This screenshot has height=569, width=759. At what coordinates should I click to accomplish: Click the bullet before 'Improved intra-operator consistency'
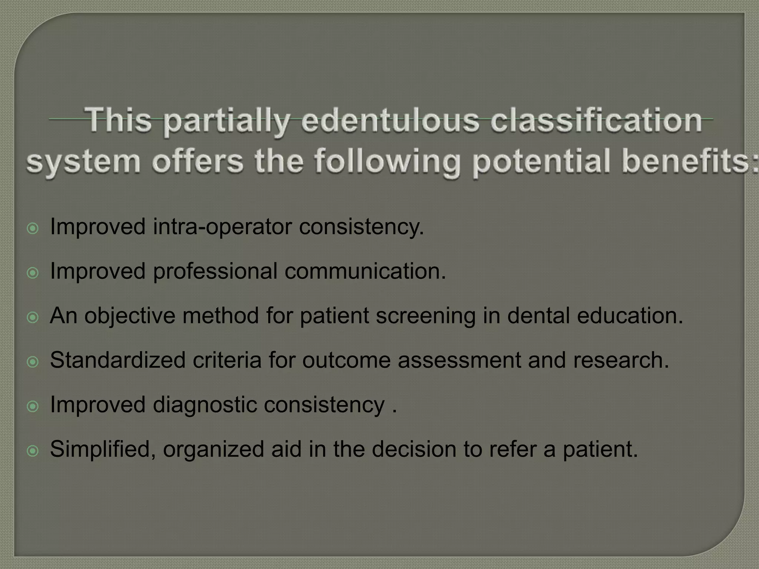tap(33, 229)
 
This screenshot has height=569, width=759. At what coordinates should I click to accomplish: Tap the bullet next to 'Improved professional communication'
tap(33, 273)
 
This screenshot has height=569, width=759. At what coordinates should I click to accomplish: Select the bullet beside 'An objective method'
tap(33, 317)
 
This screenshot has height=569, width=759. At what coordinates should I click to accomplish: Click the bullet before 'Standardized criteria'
tap(33, 362)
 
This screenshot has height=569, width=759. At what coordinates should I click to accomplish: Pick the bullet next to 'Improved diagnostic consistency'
tap(33, 406)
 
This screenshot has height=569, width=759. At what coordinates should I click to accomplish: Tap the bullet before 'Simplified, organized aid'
tap(33, 451)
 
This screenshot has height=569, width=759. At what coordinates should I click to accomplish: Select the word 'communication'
tap(365, 272)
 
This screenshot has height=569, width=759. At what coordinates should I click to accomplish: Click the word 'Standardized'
tap(118, 360)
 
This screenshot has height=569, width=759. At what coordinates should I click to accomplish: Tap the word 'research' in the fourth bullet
tap(621, 360)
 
